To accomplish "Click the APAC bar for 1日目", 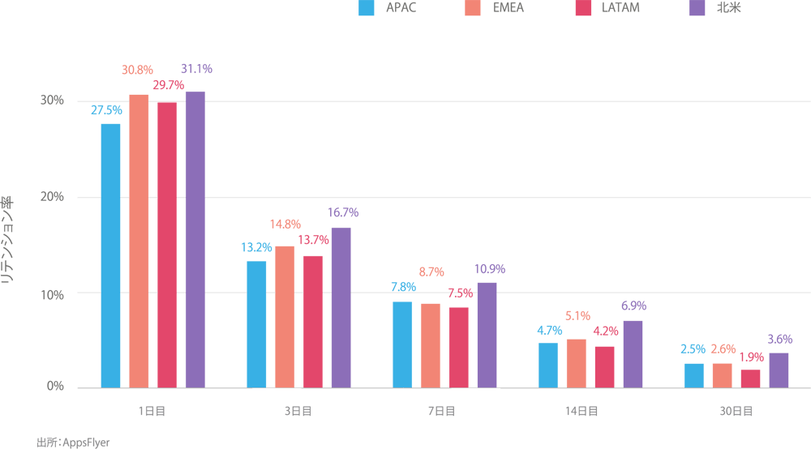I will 110,255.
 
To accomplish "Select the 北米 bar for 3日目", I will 341,307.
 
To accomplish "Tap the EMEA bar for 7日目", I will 431,345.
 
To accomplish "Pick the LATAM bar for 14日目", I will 604,366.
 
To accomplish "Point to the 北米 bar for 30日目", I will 779,370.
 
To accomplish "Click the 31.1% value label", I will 196,70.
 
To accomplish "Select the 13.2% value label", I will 256,247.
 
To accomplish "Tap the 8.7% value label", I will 431,272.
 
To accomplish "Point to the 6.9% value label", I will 633,306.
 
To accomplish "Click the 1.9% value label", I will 750,357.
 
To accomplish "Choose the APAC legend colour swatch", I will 366,9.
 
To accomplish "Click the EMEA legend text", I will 508,8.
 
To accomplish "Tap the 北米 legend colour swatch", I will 696,9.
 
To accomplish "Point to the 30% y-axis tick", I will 53,100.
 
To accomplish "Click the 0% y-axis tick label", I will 55,387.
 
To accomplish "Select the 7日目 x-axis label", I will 440,412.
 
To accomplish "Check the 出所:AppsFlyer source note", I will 73,443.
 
